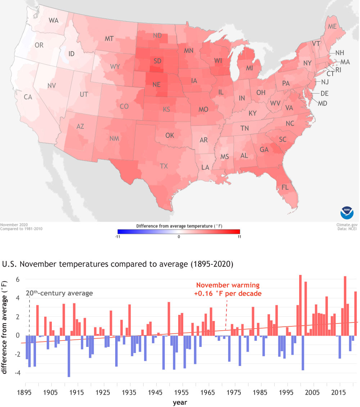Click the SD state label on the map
[157, 61]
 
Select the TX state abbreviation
[164, 166]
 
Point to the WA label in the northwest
[54, 21]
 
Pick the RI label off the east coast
[338, 70]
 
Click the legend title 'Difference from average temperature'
[179, 226]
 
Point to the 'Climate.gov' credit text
[348, 224]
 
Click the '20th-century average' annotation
[59, 293]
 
